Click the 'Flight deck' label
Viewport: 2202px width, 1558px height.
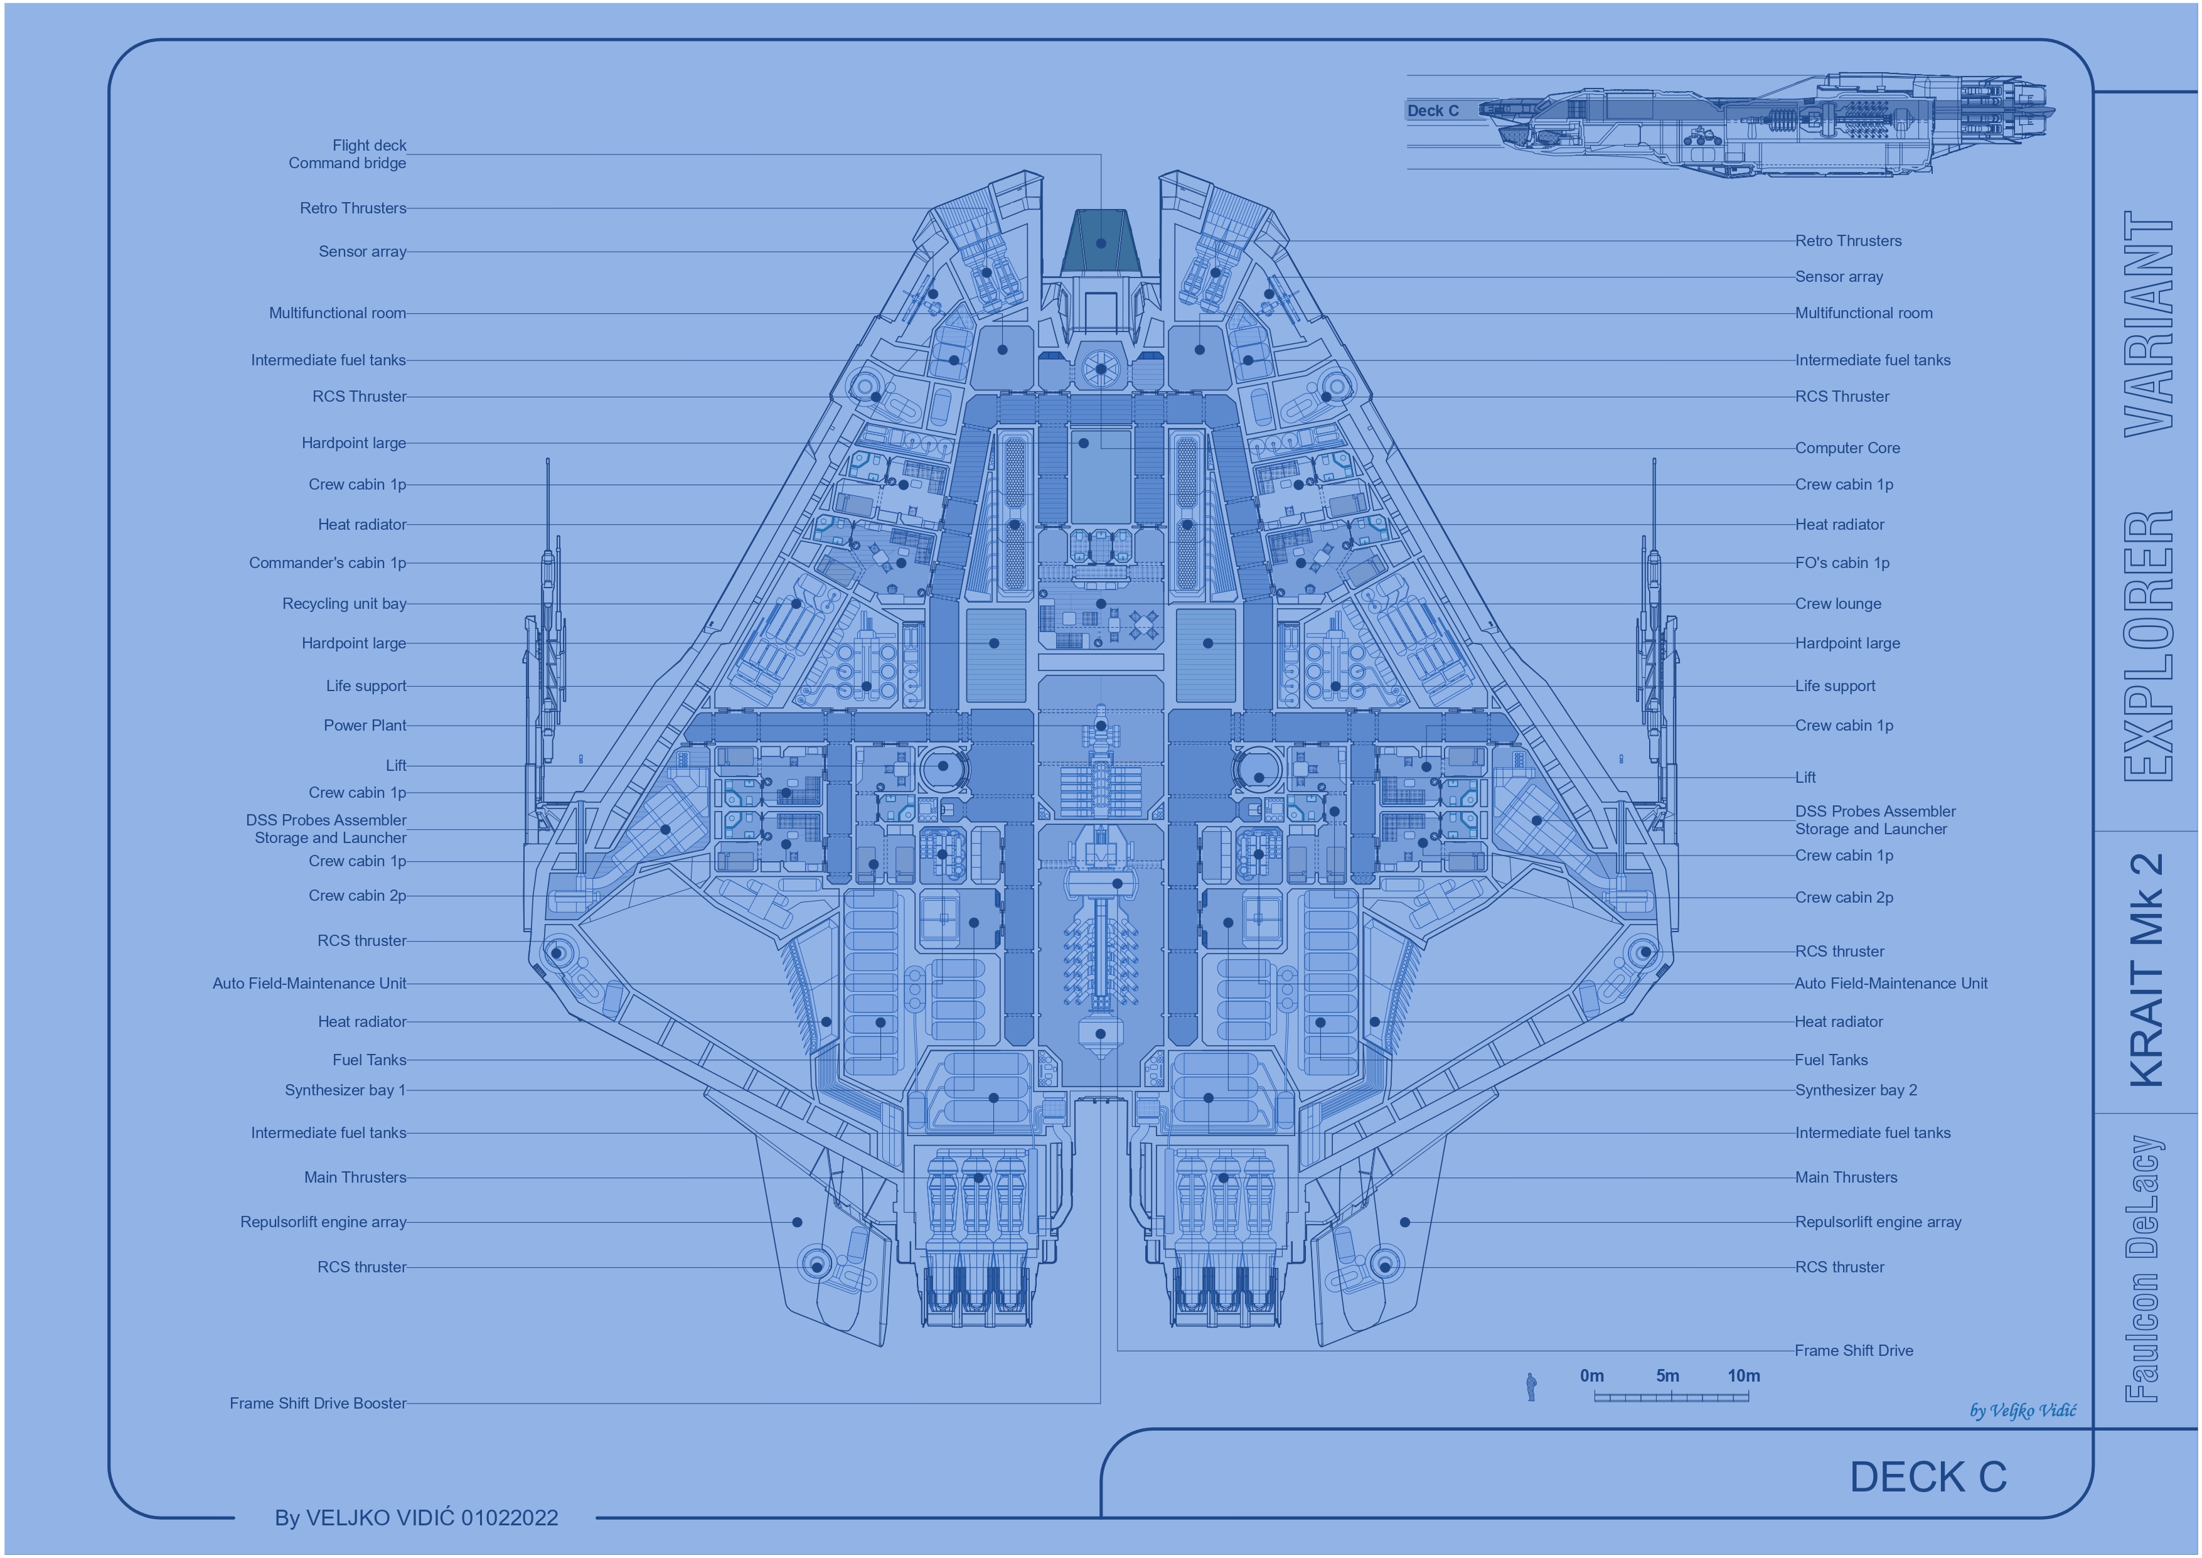point(369,146)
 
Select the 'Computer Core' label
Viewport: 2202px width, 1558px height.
point(1847,448)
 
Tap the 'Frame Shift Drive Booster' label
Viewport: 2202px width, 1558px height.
point(318,1404)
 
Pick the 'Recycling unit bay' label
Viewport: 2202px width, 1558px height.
point(345,603)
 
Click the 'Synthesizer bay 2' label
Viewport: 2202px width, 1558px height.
point(1856,1090)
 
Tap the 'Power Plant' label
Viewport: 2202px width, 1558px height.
point(365,725)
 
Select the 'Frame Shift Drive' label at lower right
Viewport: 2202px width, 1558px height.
point(1854,1351)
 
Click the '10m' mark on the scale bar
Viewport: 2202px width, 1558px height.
point(1743,1376)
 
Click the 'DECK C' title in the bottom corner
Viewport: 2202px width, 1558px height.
point(1928,1478)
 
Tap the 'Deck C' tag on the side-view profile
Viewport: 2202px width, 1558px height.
point(1433,111)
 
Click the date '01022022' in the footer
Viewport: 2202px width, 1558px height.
point(510,1518)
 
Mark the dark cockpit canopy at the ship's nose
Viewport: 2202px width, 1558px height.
point(1101,241)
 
